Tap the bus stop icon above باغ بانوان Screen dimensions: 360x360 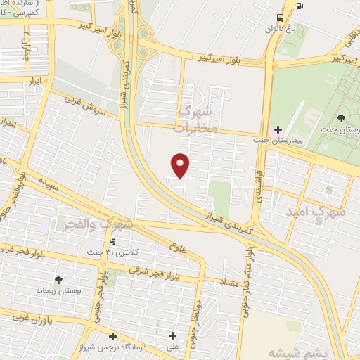pyautogui.click(x=281, y=17)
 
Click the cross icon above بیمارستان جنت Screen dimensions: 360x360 pyautogui.click(x=278, y=129)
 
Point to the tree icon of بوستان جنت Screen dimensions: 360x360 pyautogui.click(x=342, y=117)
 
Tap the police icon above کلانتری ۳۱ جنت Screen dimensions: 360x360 pyautogui.click(x=111, y=242)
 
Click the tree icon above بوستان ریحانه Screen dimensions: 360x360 pyautogui.click(x=58, y=279)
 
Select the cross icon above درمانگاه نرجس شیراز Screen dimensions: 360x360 pyautogui.click(x=113, y=335)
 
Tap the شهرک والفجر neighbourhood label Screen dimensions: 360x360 pyautogui.click(x=107, y=225)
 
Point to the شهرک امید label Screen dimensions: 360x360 pyautogui.click(x=316, y=210)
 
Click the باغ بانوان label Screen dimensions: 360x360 pyautogui.click(x=277, y=29)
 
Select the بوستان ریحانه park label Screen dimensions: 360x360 pyautogui.click(x=58, y=290)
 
